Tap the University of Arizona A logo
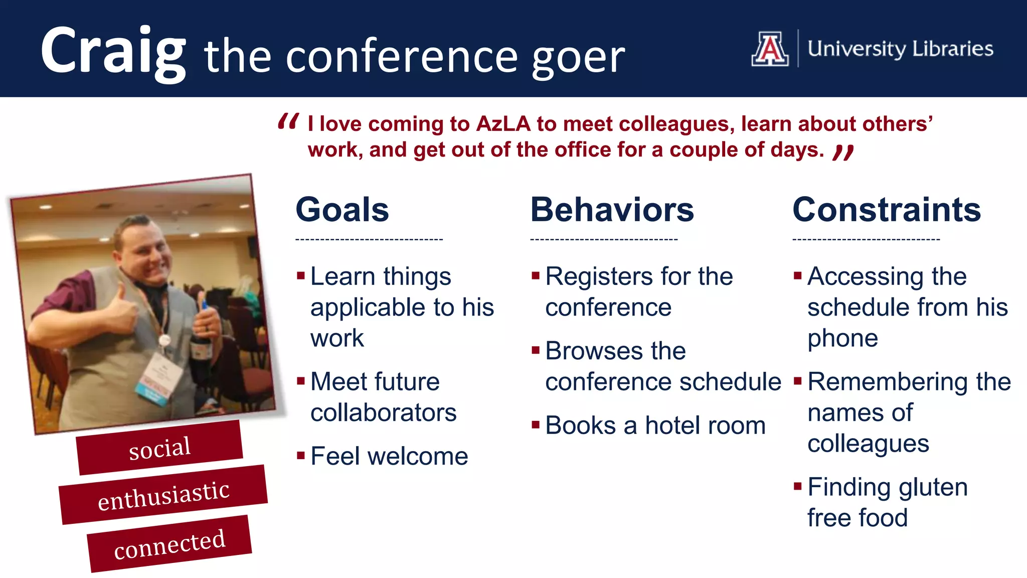click(x=770, y=49)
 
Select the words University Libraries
click(x=900, y=49)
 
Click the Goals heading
click(x=342, y=209)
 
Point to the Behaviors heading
click(x=612, y=209)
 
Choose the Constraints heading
click(x=886, y=209)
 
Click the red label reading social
click(x=159, y=448)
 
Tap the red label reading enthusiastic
click(x=163, y=495)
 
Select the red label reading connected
click(x=169, y=543)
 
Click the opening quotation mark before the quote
click(x=288, y=122)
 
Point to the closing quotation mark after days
click(x=843, y=152)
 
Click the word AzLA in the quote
click(x=503, y=124)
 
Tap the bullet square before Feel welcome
click(x=301, y=456)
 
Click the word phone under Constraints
click(x=842, y=339)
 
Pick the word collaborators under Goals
click(x=383, y=413)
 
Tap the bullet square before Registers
click(x=536, y=275)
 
